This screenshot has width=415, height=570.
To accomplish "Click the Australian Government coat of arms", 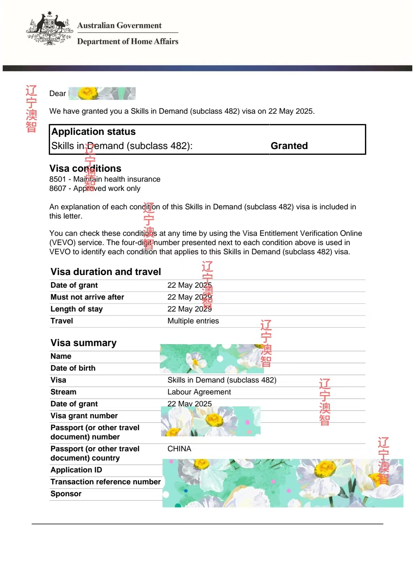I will tap(50, 29).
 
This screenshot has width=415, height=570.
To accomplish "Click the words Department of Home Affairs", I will tap(128, 41).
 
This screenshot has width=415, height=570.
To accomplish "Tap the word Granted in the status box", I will tap(289, 146).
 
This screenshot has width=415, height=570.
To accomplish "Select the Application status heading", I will tap(93, 132).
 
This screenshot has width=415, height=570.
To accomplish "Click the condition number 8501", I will tap(58, 179).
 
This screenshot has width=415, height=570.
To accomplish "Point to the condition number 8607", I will tap(58, 188).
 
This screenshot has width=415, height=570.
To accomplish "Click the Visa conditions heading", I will tap(85, 168).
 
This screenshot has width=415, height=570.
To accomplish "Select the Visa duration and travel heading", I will tap(106, 272).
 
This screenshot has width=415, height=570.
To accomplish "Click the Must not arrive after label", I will tap(87, 297).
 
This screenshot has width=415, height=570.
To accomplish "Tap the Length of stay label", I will tap(76, 309).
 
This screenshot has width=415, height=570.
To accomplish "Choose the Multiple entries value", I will tap(193, 321).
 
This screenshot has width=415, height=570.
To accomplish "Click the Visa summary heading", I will tap(83, 343).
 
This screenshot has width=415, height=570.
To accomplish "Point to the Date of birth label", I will tap(73, 368).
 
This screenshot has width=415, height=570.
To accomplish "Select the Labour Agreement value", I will tap(199, 392).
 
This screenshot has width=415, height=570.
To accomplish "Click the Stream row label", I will tap(63, 392).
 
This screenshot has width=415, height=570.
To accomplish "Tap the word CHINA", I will tap(179, 449).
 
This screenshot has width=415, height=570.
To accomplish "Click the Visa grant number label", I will tap(84, 416).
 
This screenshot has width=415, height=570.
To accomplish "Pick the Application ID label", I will tap(76, 470).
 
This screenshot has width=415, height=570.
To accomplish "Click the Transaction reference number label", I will tap(106, 482).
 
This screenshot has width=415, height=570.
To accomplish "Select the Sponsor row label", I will tap(66, 494).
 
